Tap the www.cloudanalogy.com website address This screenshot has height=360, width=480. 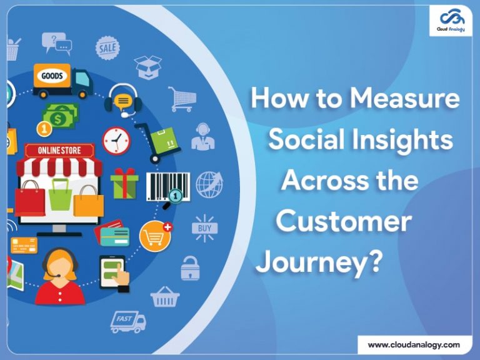pyautogui.click(x=414, y=344)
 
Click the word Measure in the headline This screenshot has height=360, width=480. pyautogui.click(x=404, y=99)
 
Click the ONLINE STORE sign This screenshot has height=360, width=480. pyautogui.click(x=58, y=150)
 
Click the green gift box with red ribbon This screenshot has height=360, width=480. pyautogui.click(x=124, y=182)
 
